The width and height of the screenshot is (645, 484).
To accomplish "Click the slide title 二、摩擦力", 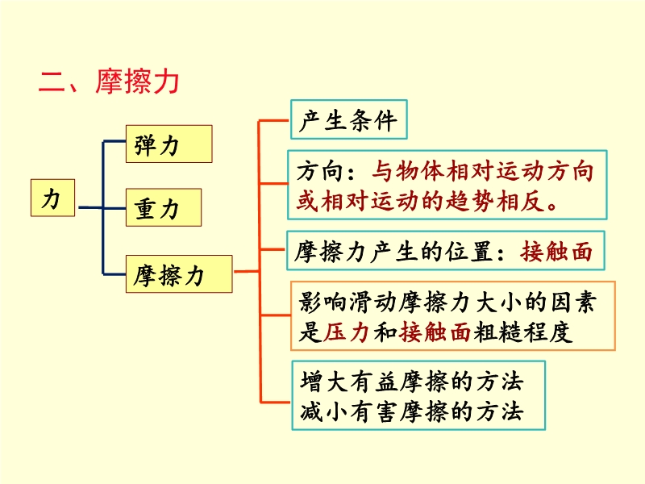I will pyautogui.click(x=109, y=82).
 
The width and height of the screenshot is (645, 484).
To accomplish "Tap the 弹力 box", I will pyautogui.click(x=168, y=144).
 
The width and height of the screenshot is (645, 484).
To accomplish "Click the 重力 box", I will pyautogui.click(x=163, y=209).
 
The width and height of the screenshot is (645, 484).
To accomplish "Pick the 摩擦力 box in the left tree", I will pyautogui.click(x=178, y=275).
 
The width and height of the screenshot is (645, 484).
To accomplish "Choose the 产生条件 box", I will pyautogui.click(x=348, y=121).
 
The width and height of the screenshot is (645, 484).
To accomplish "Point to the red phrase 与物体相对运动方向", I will pyautogui.click(x=482, y=172).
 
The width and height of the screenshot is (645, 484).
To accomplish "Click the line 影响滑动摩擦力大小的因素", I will pyautogui.click(x=447, y=303).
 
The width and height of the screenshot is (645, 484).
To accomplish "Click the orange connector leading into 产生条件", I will pyautogui.click(x=274, y=121).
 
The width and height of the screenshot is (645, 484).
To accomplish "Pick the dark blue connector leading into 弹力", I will pyautogui.click(x=114, y=143).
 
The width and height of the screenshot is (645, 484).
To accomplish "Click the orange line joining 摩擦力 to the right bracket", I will pyautogui.click(x=245, y=271).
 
